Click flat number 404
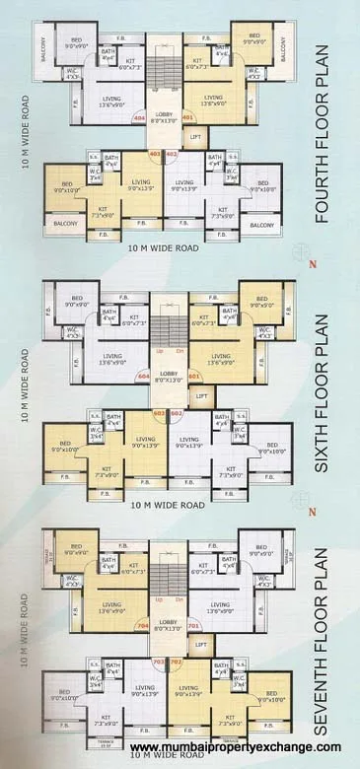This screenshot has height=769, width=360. pos(138,117)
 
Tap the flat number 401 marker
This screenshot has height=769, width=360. pos(186,117)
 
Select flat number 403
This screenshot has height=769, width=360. pos(155,154)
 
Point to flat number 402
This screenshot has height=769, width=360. pos(171,154)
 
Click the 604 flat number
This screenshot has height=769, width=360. pos(143,376)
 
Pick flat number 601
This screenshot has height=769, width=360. pos(193,376)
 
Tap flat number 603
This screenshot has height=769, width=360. pos(159,413)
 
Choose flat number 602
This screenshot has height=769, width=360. pos(176,413)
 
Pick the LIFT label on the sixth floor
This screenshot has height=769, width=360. pos(202,395)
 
